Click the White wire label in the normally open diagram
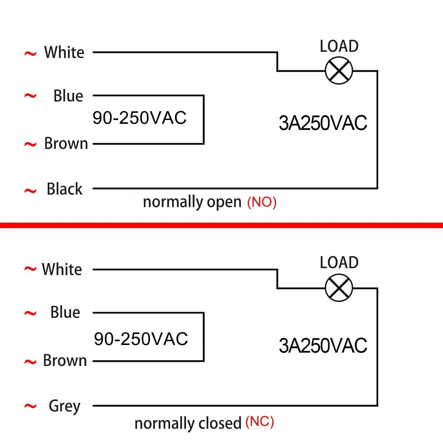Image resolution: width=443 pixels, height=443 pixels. (x=64, y=52)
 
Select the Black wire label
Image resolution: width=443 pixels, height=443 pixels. (x=65, y=189)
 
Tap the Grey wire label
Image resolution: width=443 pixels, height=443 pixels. (x=65, y=406)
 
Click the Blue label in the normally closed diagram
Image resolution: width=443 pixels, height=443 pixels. (x=65, y=312)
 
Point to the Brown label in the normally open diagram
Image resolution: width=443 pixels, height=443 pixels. (x=66, y=144)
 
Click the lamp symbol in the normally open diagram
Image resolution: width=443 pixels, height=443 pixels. (x=339, y=71)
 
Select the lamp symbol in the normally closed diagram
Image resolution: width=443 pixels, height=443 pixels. (x=339, y=288)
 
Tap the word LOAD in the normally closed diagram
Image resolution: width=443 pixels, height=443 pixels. (x=339, y=263)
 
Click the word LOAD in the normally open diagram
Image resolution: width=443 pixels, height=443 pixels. (x=339, y=46)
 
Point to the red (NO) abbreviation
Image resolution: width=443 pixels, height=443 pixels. (x=262, y=203)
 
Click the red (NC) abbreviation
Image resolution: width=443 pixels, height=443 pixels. (x=260, y=422)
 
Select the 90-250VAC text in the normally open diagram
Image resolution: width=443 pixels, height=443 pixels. (x=139, y=118)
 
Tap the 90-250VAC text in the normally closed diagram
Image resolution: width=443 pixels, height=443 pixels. (x=141, y=338)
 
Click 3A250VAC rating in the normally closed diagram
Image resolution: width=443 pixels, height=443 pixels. (x=323, y=346)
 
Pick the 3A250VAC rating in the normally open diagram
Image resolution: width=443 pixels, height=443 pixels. (x=323, y=123)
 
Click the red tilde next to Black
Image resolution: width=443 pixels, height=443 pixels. (x=30, y=191)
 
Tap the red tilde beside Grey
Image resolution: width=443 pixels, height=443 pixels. (x=30, y=406)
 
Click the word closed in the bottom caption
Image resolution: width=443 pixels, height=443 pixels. (x=220, y=423)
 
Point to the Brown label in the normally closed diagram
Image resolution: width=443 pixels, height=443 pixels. (x=65, y=361)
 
